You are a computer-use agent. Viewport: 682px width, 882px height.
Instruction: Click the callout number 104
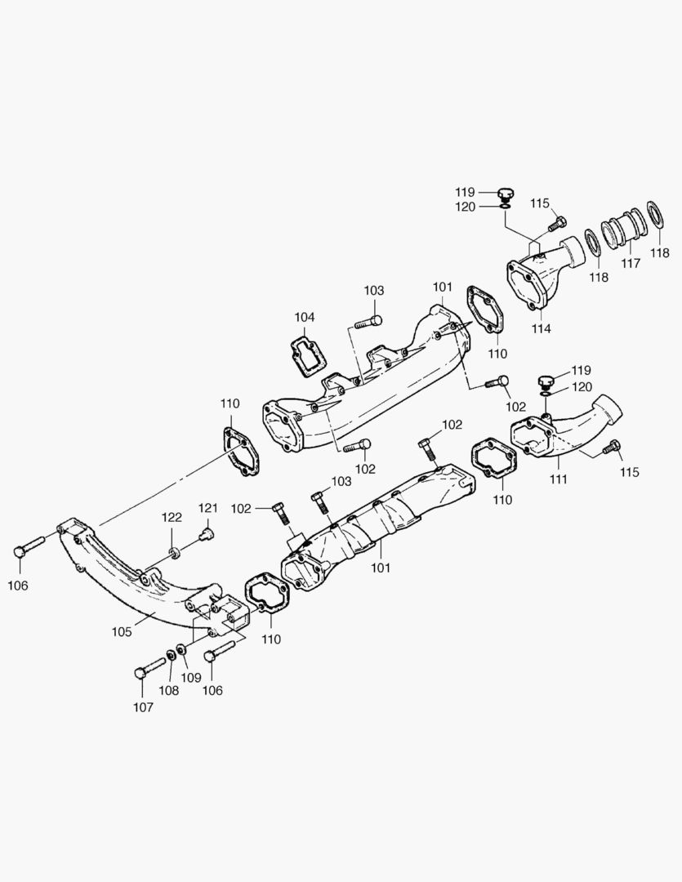[x=305, y=317]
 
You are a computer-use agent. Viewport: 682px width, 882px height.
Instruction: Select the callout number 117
[x=631, y=264]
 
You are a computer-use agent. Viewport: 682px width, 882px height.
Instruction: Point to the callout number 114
[x=541, y=328]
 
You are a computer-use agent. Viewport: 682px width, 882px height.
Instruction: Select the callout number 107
[x=143, y=707]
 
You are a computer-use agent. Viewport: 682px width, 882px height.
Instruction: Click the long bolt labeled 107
[x=150, y=666]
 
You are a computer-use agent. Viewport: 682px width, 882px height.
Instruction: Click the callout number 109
[x=191, y=677]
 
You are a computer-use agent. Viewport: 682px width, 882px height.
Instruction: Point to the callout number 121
[x=207, y=508]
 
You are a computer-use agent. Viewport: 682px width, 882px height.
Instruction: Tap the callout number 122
[x=172, y=518]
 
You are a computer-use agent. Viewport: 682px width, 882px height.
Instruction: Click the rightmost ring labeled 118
[x=654, y=216]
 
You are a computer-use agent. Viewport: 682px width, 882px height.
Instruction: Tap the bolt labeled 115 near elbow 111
[x=611, y=446]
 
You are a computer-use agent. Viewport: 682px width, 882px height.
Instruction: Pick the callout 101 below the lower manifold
[x=381, y=565]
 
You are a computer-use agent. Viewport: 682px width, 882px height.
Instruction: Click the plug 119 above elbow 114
[x=504, y=194]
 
